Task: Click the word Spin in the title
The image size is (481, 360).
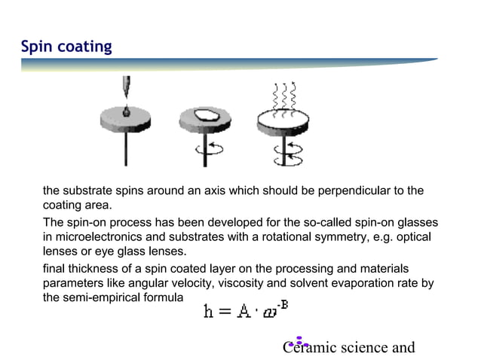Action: [35, 47]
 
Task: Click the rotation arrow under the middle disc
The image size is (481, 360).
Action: [208, 148]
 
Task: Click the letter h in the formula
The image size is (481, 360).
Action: [209, 311]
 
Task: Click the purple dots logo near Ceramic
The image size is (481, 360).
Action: [299, 342]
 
